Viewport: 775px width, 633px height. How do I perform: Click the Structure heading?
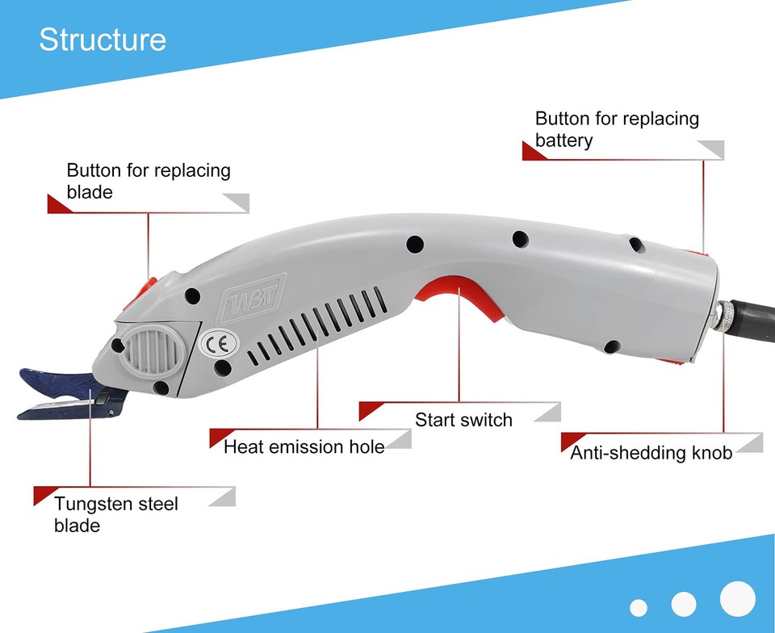pos(103,40)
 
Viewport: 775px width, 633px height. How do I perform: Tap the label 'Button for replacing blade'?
pos(148,181)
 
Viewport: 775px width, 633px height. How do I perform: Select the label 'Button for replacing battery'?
pos(617,129)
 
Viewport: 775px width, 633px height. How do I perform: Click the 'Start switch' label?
pos(463,420)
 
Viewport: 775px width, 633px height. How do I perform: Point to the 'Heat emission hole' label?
pos(304,446)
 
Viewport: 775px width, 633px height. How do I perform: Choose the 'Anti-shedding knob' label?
pos(651,453)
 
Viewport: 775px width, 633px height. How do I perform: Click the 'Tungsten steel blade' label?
pos(115,514)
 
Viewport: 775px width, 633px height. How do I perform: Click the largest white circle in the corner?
pos(737,598)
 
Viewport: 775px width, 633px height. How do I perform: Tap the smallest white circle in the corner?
pos(639,608)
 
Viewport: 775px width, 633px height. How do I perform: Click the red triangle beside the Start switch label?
pos(367,409)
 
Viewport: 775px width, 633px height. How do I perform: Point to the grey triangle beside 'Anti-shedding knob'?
pos(750,442)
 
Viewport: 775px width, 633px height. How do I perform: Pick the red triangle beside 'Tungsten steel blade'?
pos(42,494)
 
